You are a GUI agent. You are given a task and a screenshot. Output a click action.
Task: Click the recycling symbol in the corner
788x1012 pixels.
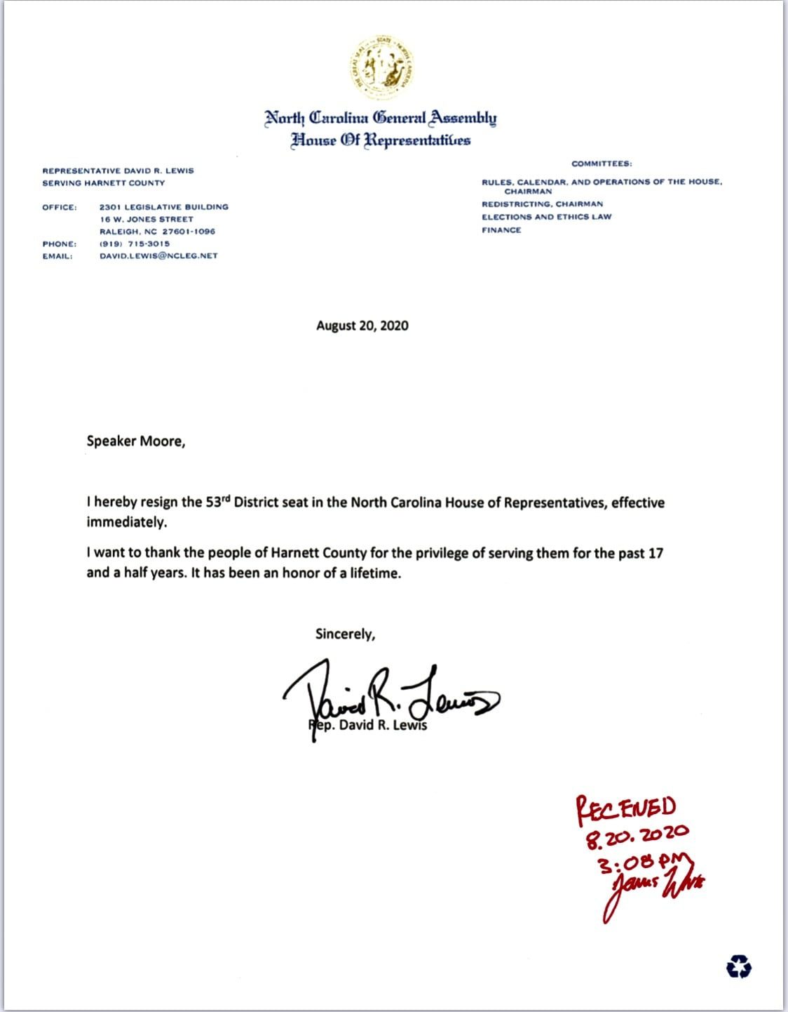click(x=738, y=968)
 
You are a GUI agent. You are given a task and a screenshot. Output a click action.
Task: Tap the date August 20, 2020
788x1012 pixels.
click(x=362, y=326)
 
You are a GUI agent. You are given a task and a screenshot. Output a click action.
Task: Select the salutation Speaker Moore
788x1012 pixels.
click(x=135, y=441)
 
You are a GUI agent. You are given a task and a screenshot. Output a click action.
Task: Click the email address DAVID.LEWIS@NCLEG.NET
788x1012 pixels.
click(x=158, y=256)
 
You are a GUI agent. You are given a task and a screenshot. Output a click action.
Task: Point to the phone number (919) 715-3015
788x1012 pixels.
click(x=135, y=244)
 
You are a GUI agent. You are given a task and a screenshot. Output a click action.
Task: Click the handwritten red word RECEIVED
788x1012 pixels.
click(x=625, y=808)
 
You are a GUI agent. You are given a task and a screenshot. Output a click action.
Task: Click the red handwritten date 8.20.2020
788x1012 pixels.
click(x=637, y=834)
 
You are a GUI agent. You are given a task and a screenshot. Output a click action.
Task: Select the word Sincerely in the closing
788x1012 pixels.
click(x=345, y=634)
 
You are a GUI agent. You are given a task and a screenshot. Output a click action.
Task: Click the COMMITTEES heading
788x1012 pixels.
click(x=602, y=164)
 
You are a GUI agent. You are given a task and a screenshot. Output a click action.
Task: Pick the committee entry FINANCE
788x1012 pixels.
click(x=501, y=230)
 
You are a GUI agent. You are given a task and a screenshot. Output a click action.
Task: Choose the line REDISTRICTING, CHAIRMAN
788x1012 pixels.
click(x=542, y=204)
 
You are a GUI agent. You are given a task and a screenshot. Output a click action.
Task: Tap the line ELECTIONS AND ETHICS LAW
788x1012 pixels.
click(x=546, y=217)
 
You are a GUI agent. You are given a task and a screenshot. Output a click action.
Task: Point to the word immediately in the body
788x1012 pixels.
click(x=127, y=522)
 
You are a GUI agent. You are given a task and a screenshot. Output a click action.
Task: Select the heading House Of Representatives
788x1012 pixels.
click(x=381, y=140)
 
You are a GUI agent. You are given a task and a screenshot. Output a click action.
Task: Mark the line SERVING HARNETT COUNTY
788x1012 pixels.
click(x=104, y=183)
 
